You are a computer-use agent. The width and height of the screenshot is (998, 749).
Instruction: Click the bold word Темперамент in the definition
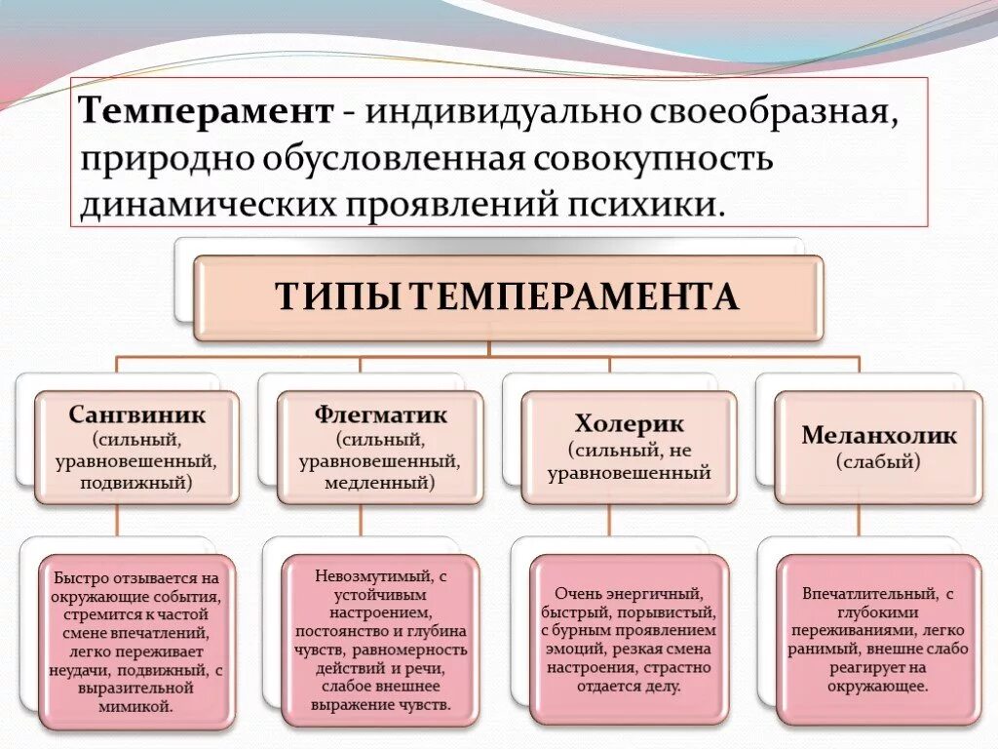[207, 110]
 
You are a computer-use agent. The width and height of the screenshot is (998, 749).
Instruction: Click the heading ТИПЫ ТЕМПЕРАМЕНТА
[507, 296]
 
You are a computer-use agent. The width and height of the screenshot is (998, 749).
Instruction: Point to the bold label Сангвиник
[137, 414]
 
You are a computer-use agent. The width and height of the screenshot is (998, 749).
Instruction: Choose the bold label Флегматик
[380, 414]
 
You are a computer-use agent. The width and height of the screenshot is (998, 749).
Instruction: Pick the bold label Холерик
[629, 424]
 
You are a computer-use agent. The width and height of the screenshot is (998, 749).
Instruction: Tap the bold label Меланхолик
[879, 435]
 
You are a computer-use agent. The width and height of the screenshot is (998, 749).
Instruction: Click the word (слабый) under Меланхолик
[878, 461]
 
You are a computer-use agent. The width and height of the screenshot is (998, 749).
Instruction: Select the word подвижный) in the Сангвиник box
[136, 481]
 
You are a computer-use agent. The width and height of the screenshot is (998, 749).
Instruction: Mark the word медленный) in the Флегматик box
[380, 481]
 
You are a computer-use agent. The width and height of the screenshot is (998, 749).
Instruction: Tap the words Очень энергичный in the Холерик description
[629, 593]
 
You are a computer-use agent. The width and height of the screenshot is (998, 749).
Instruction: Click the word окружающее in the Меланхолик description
[879, 686]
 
